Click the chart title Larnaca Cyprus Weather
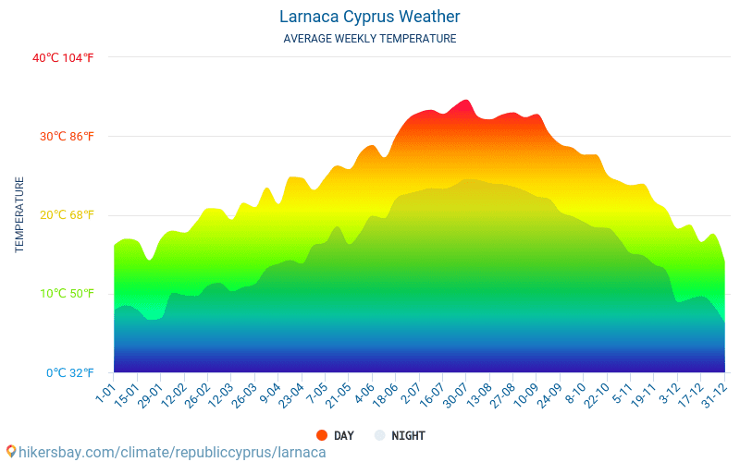[x=369, y=17]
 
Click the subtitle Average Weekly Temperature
[x=369, y=39]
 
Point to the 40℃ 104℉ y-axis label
[x=63, y=57]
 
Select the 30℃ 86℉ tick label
[x=66, y=137]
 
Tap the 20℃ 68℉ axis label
[x=66, y=215]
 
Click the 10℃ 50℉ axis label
[x=66, y=294]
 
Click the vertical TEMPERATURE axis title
[x=19, y=215]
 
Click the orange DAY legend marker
[x=321, y=435]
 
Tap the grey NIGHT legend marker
[x=378, y=435]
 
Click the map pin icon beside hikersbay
[x=11, y=452]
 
